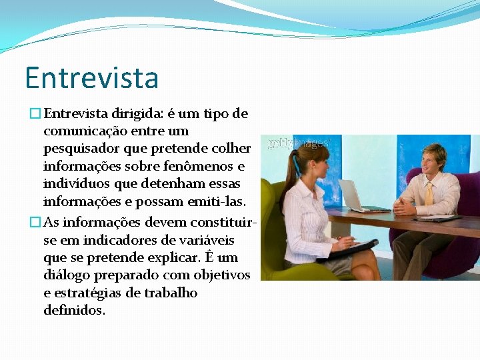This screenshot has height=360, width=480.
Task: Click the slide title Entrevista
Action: [x=92, y=78]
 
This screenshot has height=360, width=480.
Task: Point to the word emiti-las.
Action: [x=217, y=201]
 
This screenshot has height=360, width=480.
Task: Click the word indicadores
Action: [x=114, y=240]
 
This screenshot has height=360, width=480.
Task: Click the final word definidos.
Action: [x=73, y=310]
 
